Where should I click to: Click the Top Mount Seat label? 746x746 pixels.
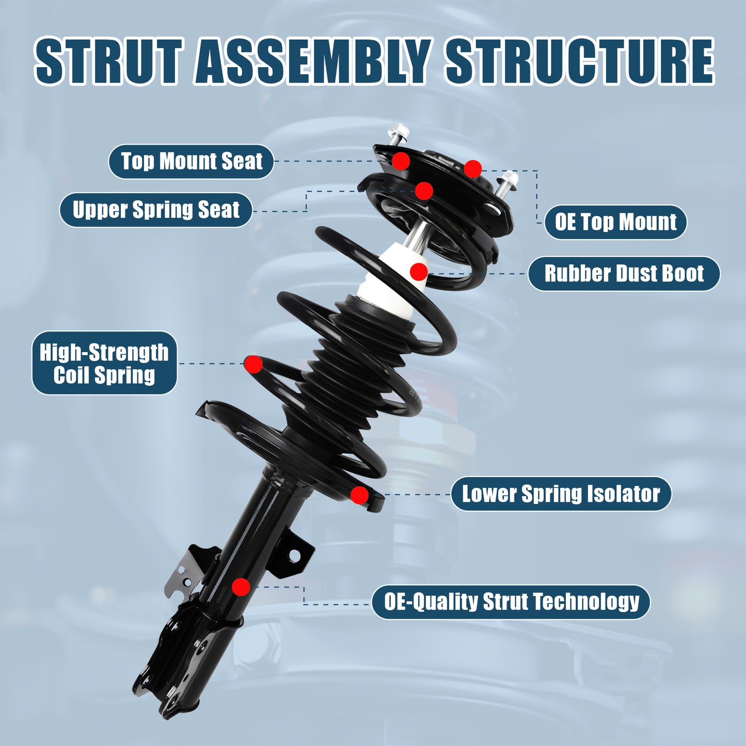pos(191,162)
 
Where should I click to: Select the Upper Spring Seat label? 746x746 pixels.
pos(156,210)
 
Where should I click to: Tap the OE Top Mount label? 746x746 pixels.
pos(615,223)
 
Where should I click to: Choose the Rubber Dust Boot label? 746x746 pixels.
pos(624,274)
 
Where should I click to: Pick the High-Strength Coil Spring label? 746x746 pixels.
pos(104,363)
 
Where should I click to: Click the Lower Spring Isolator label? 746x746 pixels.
pos(561,494)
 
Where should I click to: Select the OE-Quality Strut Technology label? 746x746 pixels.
pos(511,602)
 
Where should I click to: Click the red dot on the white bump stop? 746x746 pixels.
pos(419,271)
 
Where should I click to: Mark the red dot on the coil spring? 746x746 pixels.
pos(253,364)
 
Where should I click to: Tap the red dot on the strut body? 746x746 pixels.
pos(241,587)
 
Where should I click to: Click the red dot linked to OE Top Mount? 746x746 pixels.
pos(472,168)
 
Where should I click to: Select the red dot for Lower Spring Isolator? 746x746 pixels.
pos(359,495)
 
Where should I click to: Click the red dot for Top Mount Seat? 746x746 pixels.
pos(401,161)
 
